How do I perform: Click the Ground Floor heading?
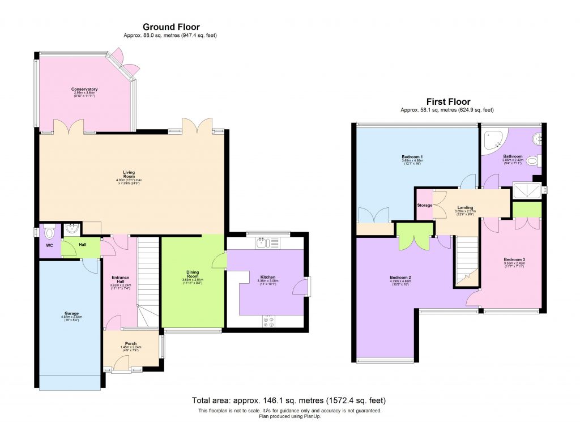click(170, 27)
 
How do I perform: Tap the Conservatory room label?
click(84, 89)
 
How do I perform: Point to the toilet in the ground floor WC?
click(50, 232)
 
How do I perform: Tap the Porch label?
click(131, 343)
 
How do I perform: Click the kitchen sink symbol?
click(261, 244)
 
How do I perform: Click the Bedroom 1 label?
click(412, 156)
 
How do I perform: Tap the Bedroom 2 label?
click(400, 277)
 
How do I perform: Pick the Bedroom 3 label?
click(514, 260)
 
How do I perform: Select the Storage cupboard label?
click(424, 205)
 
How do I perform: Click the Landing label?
click(465, 207)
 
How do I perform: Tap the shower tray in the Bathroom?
click(526, 190)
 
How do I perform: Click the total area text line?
click(289, 400)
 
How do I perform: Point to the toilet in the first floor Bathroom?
click(533, 161)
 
